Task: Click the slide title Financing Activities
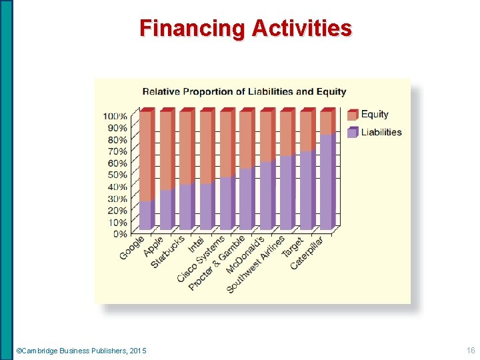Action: (245, 28)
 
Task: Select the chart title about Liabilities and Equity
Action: (244, 91)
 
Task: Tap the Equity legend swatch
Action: (353, 115)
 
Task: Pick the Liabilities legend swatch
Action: (353, 133)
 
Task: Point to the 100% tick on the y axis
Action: (115, 116)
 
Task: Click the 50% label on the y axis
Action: (116, 175)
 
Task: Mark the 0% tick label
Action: (119, 234)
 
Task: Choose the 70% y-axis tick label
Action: (116, 151)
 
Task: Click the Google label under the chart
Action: (132, 248)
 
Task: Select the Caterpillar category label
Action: (307, 253)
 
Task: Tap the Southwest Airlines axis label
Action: (256, 265)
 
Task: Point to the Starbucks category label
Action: (168, 251)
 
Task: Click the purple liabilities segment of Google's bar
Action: (145, 215)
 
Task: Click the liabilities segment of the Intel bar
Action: (205, 206)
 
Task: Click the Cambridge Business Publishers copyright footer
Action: (81, 351)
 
